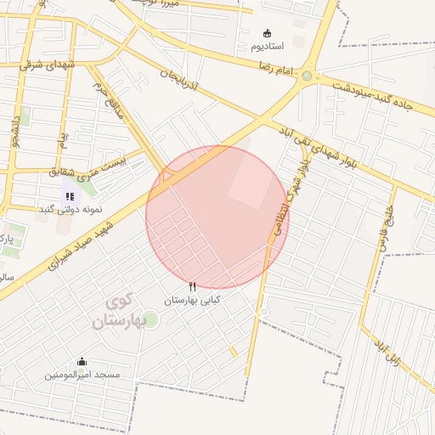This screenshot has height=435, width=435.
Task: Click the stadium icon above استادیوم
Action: click(268, 32)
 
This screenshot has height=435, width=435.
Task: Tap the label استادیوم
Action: click(268, 44)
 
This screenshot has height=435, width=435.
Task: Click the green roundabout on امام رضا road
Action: click(306, 76)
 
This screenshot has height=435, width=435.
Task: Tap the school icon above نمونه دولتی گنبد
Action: click(69, 196)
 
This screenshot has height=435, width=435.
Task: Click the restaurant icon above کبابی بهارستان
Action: click(192, 287)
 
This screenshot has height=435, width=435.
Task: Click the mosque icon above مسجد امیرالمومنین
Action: click(82, 362)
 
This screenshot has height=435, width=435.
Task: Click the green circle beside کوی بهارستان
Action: click(150, 319)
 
